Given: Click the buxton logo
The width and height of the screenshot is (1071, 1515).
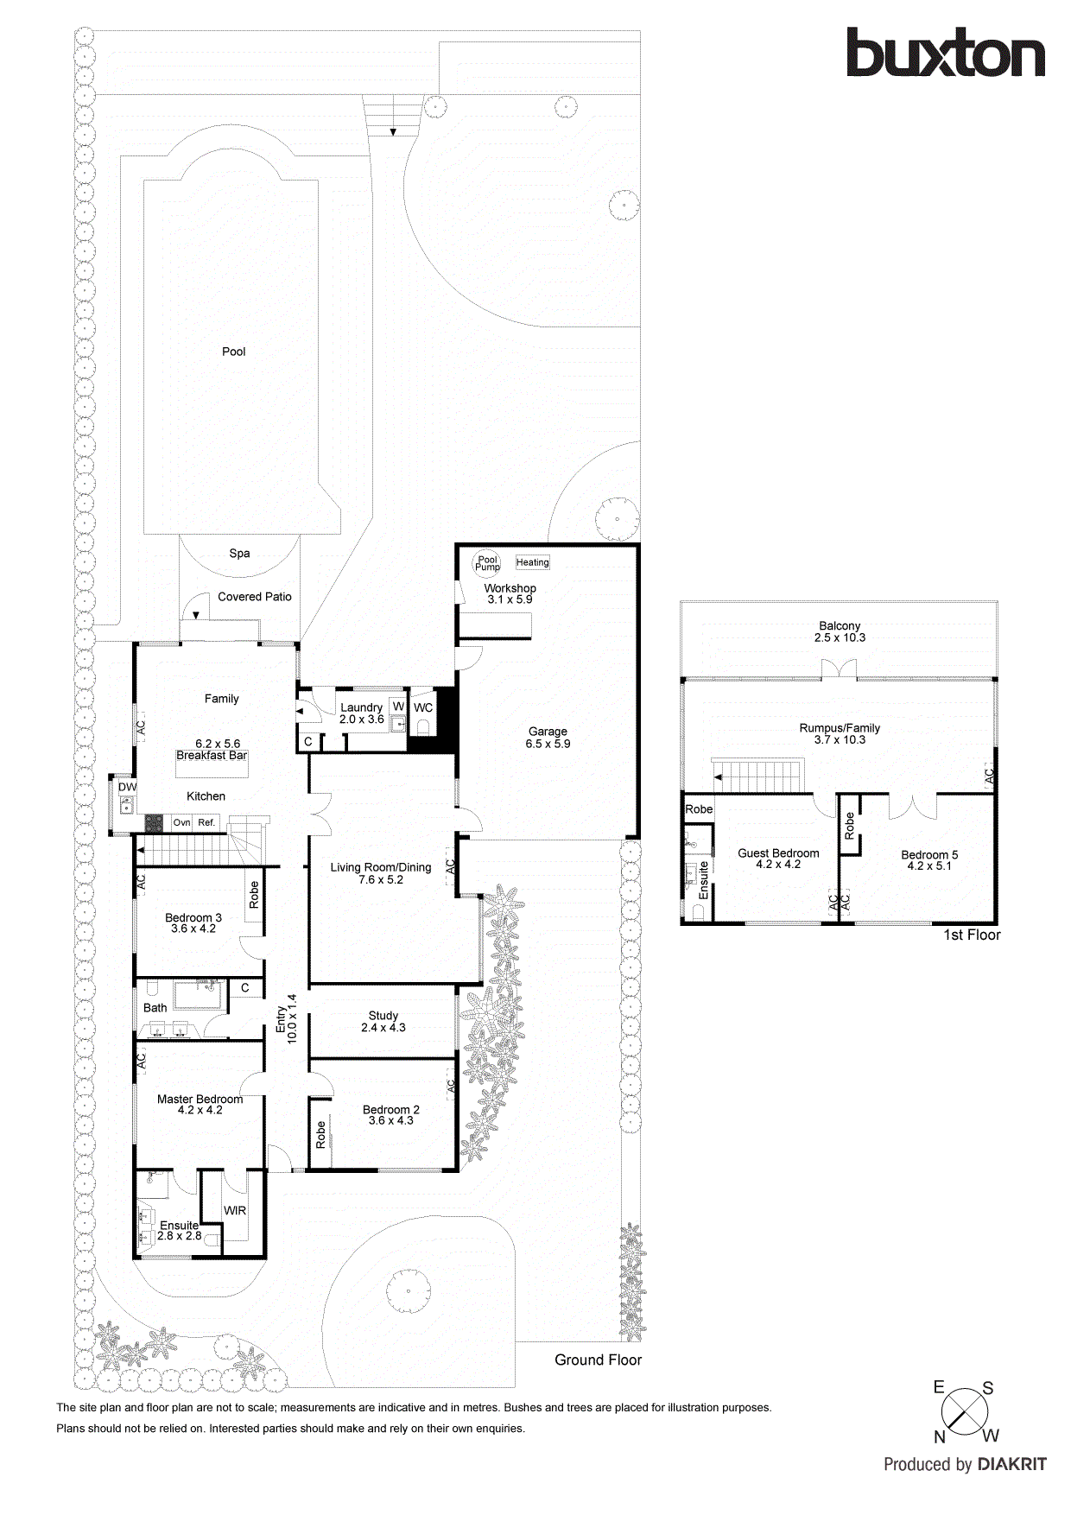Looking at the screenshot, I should [x=945, y=54].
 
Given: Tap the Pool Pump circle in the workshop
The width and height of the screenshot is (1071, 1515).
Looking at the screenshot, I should [x=487, y=563].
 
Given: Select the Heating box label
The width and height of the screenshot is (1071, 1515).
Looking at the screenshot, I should [x=532, y=562].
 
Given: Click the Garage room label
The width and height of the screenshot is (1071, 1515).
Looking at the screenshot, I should [x=548, y=732].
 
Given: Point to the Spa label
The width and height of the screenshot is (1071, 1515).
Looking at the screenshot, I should [x=239, y=554].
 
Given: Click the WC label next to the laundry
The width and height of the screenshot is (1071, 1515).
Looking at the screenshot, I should [x=423, y=707].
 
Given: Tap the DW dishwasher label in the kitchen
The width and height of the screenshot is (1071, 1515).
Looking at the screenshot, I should [x=127, y=787].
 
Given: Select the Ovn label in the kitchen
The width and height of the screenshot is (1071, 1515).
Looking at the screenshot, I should [x=181, y=822].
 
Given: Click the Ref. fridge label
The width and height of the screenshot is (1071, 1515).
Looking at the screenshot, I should [x=206, y=822].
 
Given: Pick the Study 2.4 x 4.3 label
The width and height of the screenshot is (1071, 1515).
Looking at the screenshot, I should [x=383, y=1022].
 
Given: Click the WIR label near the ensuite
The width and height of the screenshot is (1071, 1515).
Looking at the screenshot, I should [x=235, y=1210].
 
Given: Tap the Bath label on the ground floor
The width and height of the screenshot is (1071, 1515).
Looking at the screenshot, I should [x=155, y=1008].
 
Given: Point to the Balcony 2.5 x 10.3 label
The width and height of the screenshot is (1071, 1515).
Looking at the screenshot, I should [x=840, y=631].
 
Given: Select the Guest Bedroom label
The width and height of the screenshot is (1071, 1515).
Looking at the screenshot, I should [x=778, y=853].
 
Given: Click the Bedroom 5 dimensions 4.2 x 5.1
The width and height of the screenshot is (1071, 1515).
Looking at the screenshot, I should [x=929, y=865].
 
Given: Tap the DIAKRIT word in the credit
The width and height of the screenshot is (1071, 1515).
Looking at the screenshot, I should [x=1011, y=1465].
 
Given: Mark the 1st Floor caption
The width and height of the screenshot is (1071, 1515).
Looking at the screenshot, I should [x=972, y=935].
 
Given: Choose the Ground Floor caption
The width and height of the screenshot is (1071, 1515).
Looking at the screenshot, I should [x=598, y=1360].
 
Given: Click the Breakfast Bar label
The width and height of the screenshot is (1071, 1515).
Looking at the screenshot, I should [x=212, y=755].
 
